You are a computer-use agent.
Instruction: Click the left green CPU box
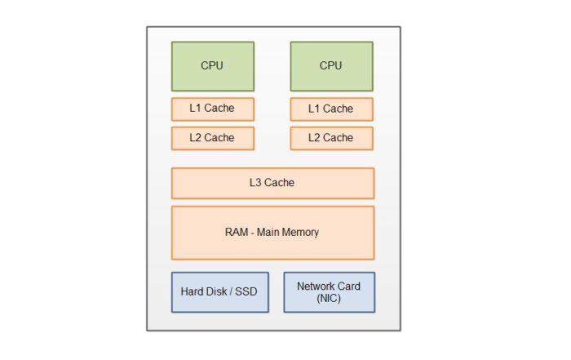click(x=212, y=66)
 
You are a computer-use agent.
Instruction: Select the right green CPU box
click(x=331, y=66)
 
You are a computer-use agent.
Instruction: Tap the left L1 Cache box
click(x=212, y=109)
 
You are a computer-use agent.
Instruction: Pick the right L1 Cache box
click(x=331, y=109)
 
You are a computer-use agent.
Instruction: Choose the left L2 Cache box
click(x=212, y=138)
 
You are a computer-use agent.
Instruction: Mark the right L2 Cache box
click(x=331, y=138)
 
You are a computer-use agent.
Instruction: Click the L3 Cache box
click(x=272, y=183)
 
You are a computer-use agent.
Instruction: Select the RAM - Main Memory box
click(x=272, y=233)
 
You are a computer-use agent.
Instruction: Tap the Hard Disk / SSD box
click(x=216, y=292)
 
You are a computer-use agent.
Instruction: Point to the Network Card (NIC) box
click(x=329, y=292)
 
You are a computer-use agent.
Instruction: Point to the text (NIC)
click(x=329, y=299)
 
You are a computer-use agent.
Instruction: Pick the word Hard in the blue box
click(x=193, y=292)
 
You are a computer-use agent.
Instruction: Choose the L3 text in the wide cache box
click(x=256, y=183)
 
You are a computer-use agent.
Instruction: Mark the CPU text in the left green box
click(x=212, y=66)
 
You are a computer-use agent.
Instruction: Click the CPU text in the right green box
click(x=331, y=66)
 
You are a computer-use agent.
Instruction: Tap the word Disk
click(x=215, y=292)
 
